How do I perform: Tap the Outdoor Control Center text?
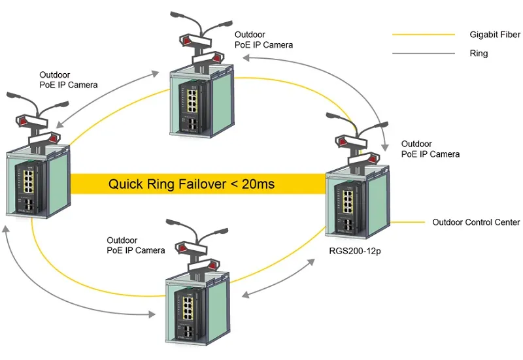[x=476, y=222]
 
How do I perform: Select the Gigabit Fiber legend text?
[x=495, y=34]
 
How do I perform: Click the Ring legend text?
[x=479, y=54]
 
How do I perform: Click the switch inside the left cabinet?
[x=29, y=185]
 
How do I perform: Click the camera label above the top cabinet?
[x=263, y=40]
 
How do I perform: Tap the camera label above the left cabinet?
[x=68, y=80]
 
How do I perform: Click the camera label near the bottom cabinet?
[x=135, y=245]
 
